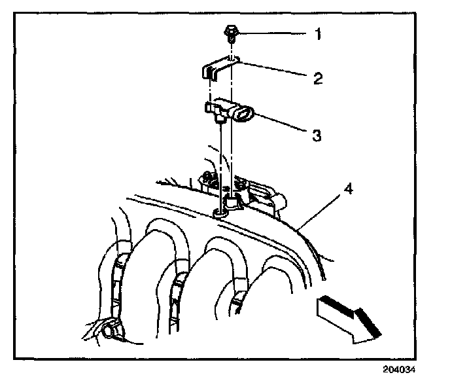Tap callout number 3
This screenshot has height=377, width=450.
pos(316,135)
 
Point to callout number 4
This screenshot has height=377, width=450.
pos(349,190)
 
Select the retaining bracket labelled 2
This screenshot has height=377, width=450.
pos(218,68)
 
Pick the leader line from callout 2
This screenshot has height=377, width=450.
pos(275,70)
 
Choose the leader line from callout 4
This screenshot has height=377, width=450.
pos(320,209)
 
